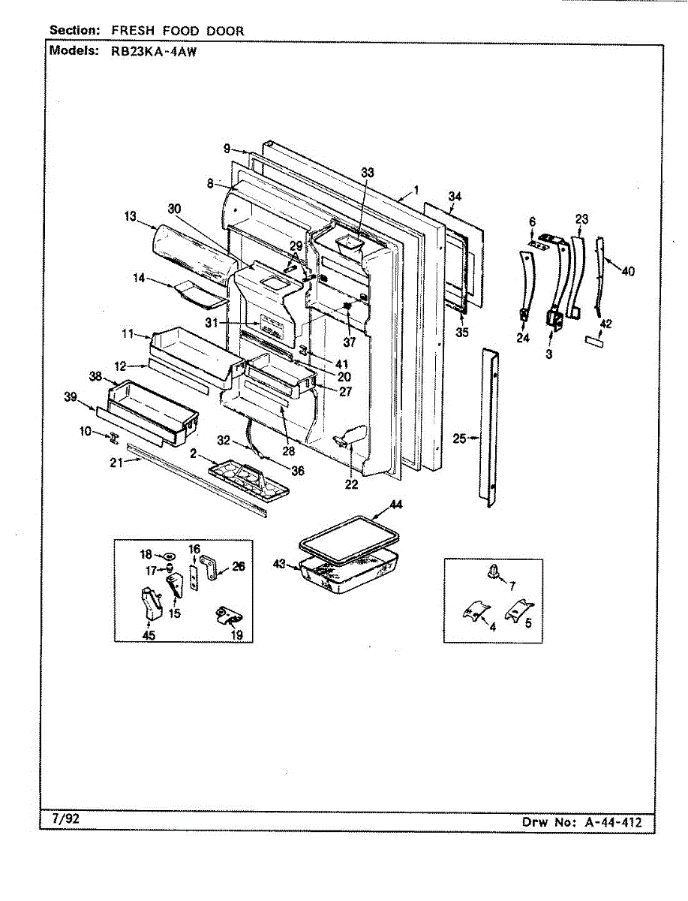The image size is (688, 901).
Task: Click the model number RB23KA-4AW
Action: point(143,52)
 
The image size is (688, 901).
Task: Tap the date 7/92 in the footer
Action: point(66,819)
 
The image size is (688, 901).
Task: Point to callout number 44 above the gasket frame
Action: point(395,505)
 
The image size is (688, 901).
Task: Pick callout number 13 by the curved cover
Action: point(131,216)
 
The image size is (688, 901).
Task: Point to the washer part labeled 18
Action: point(169,556)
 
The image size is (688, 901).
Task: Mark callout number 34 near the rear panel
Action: point(454,197)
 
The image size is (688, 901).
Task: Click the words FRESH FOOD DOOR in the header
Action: point(178,31)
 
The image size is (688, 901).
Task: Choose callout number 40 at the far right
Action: point(628,272)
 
